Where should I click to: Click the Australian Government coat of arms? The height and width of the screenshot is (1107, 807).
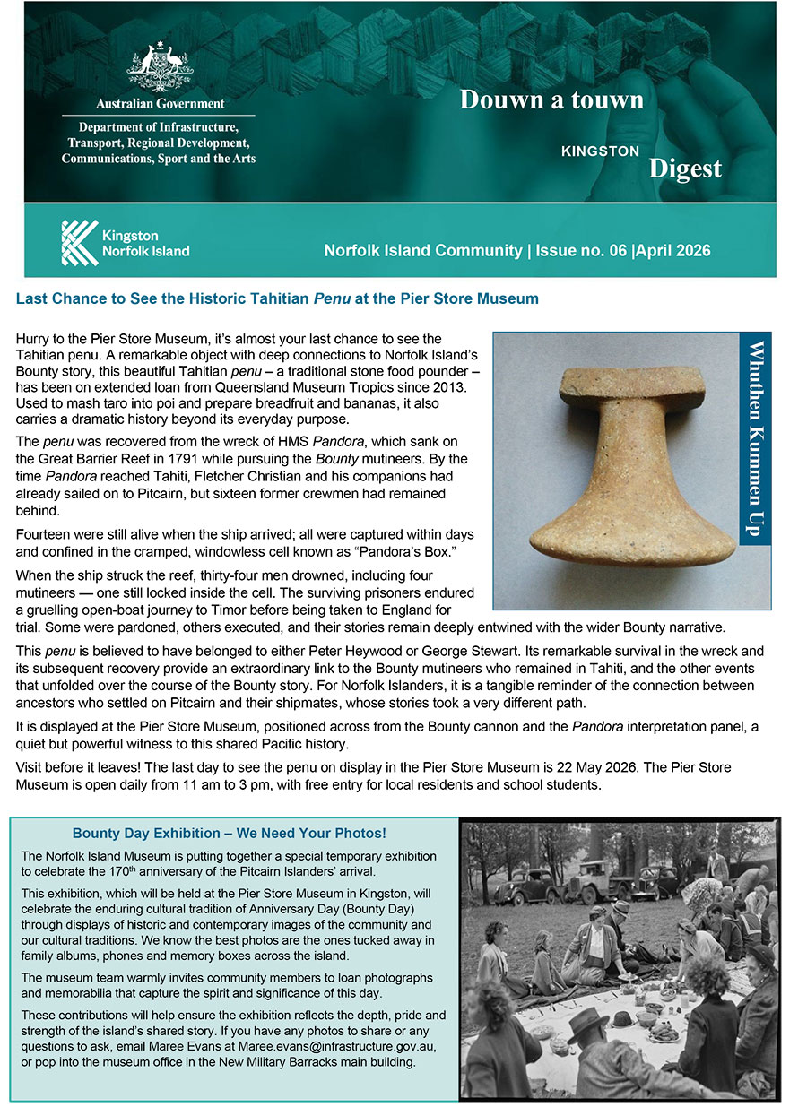pyautogui.click(x=160, y=67)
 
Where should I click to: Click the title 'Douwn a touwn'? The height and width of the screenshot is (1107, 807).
pyautogui.click(x=551, y=99)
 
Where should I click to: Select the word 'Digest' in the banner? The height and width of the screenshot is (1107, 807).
pyautogui.click(x=685, y=168)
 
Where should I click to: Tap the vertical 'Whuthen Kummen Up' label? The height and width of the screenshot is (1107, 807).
pyautogui.click(x=757, y=439)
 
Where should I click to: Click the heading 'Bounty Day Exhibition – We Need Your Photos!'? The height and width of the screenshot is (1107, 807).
pyautogui.click(x=230, y=834)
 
